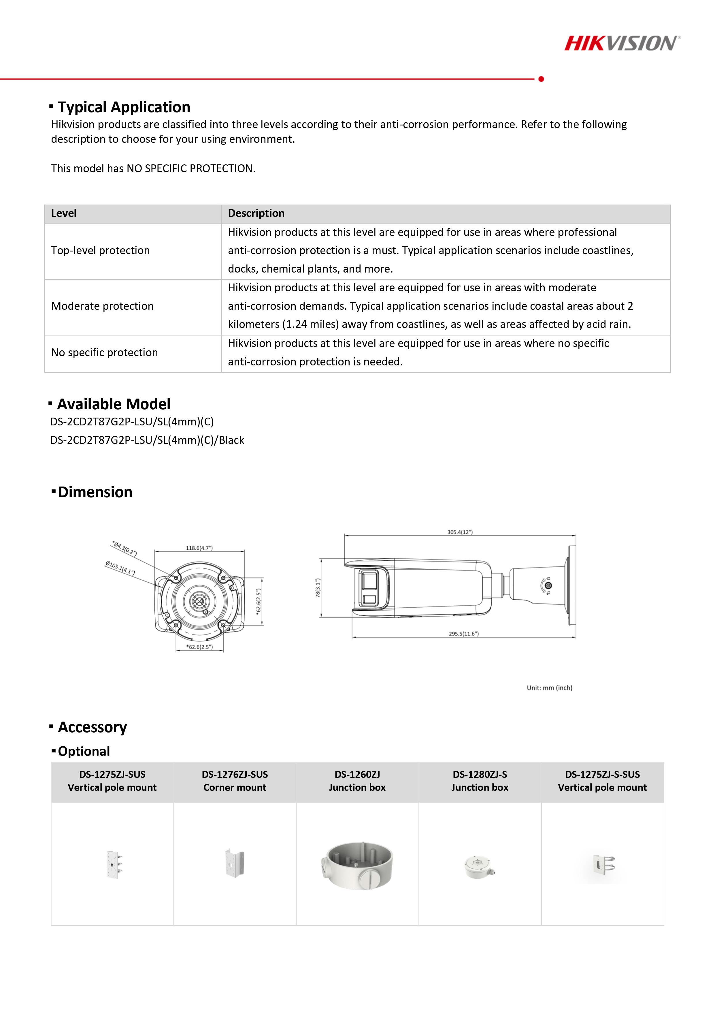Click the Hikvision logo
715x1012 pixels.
point(622,43)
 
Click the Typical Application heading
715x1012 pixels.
point(124,107)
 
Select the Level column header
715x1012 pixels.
point(64,214)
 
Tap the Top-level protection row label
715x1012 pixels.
point(101,250)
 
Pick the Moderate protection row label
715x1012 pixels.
point(102,306)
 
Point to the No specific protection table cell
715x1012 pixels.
point(104,353)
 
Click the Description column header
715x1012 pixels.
point(256,214)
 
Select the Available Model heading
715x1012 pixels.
point(114,404)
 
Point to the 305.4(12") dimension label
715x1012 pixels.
point(460,532)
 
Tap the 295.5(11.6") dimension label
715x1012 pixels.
point(463,634)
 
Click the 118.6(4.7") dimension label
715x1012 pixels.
point(199,548)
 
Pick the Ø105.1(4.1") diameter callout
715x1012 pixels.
point(120,568)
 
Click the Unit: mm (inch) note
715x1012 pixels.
point(549,688)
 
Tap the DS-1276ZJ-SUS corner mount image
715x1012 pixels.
point(235,863)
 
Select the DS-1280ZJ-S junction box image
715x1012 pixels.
point(479,867)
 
